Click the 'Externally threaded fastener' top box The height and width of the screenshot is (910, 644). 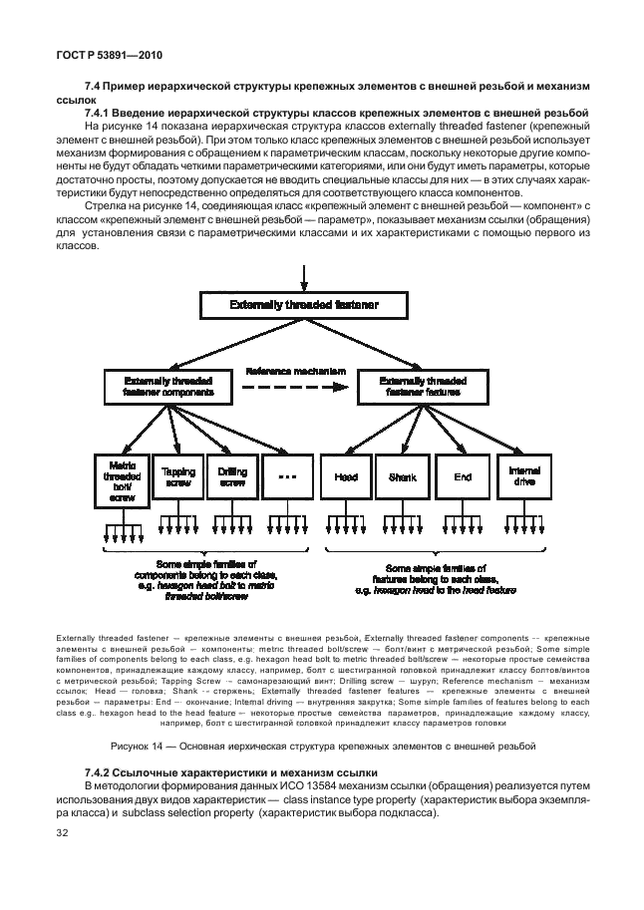[x=303, y=304]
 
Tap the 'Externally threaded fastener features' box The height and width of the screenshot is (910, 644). [x=423, y=388]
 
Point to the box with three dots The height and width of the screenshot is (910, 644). [x=287, y=477]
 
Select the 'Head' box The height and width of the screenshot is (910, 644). [x=345, y=477]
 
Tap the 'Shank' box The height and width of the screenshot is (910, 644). [x=402, y=477]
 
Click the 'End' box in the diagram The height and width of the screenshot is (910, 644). [x=463, y=477]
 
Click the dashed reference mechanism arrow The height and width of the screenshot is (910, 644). [x=290, y=389]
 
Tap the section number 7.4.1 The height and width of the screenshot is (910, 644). [x=102, y=114]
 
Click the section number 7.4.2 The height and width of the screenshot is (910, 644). [x=103, y=772]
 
